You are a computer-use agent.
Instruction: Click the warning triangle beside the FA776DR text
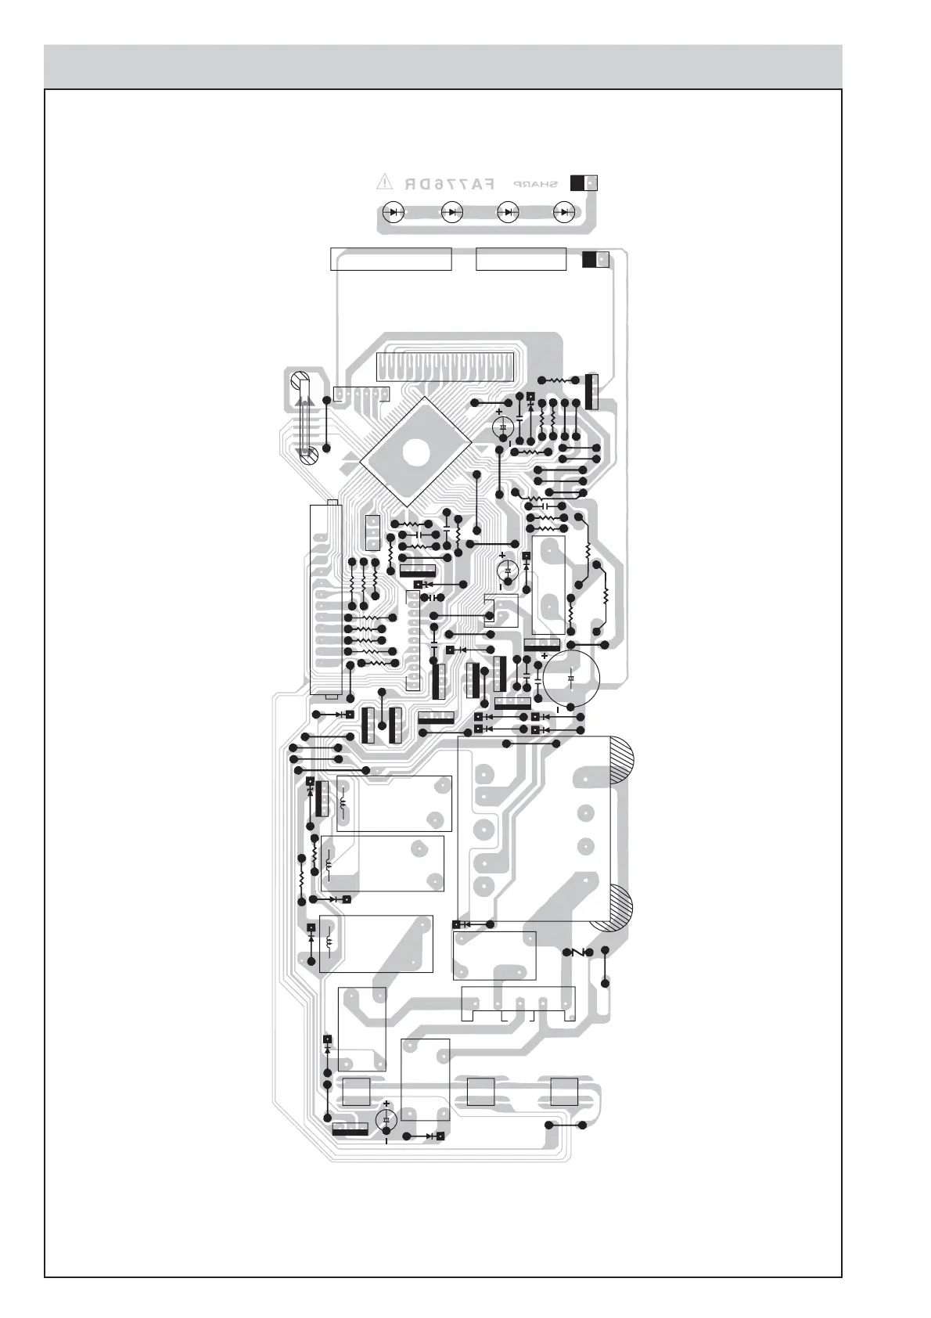click(384, 182)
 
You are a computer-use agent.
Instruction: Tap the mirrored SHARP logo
click(536, 184)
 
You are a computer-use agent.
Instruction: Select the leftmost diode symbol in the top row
click(394, 211)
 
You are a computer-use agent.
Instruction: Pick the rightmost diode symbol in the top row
click(564, 211)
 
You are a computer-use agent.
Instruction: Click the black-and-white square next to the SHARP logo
click(584, 182)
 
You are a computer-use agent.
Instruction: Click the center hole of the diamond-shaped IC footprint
click(415, 451)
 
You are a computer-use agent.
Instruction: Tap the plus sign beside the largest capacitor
click(545, 656)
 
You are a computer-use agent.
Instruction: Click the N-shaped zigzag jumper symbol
click(580, 952)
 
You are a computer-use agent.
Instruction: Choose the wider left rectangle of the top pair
click(391, 259)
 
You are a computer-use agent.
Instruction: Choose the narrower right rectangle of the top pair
click(520, 259)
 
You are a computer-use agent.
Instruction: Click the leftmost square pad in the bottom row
click(356, 1092)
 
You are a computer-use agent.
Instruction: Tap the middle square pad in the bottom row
click(480, 1092)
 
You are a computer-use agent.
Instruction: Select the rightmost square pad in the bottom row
click(563, 1092)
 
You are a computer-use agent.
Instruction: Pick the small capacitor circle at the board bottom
click(386, 1120)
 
